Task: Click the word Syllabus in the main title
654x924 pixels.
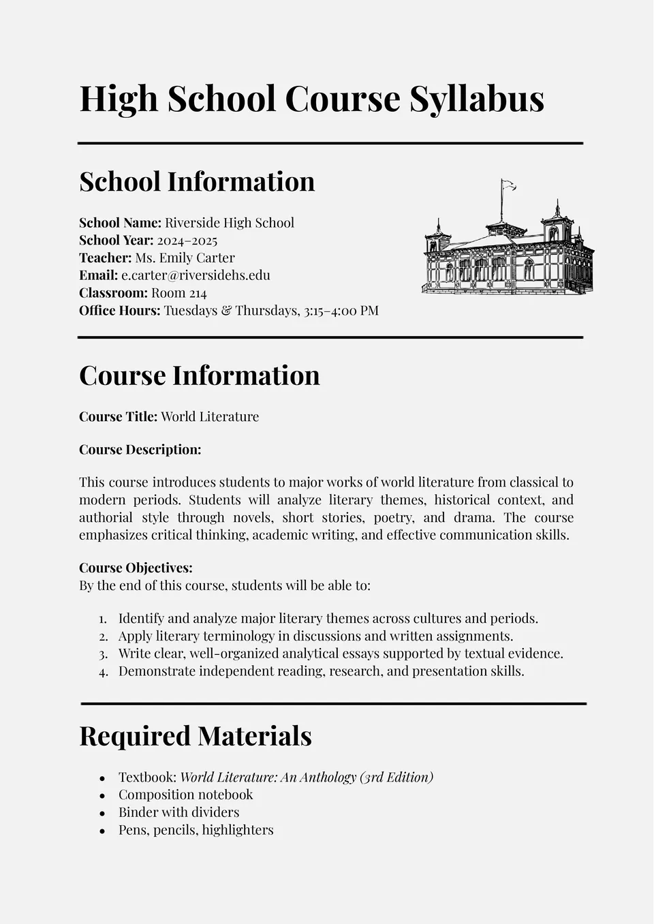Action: click(x=476, y=99)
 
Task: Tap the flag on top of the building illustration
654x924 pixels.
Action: click(x=508, y=185)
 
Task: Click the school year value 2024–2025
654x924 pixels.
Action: click(x=187, y=241)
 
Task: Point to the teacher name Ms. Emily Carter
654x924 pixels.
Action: click(x=185, y=258)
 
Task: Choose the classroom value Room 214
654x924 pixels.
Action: click(x=178, y=293)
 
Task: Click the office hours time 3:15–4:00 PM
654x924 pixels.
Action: click(x=341, y=311)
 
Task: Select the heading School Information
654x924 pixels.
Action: click(x=197, y=182)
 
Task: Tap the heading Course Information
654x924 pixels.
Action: click(x=199, y=375)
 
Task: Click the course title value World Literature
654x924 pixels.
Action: click(x=210, y=417)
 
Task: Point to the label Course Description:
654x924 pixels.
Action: click(x=140, y=450)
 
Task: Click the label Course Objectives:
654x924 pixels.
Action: click(x=136, y=568)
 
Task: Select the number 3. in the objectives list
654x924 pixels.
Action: click(x=103, y=654)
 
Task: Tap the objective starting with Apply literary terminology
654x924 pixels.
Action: click(x=315, y=636)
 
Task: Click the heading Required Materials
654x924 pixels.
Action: click(x=195, y=736)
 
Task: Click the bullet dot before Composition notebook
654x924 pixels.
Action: click(x=102, y=795)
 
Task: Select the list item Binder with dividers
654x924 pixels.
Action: click(x=178, y=812)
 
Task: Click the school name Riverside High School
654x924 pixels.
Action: click(x=230, y=223)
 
